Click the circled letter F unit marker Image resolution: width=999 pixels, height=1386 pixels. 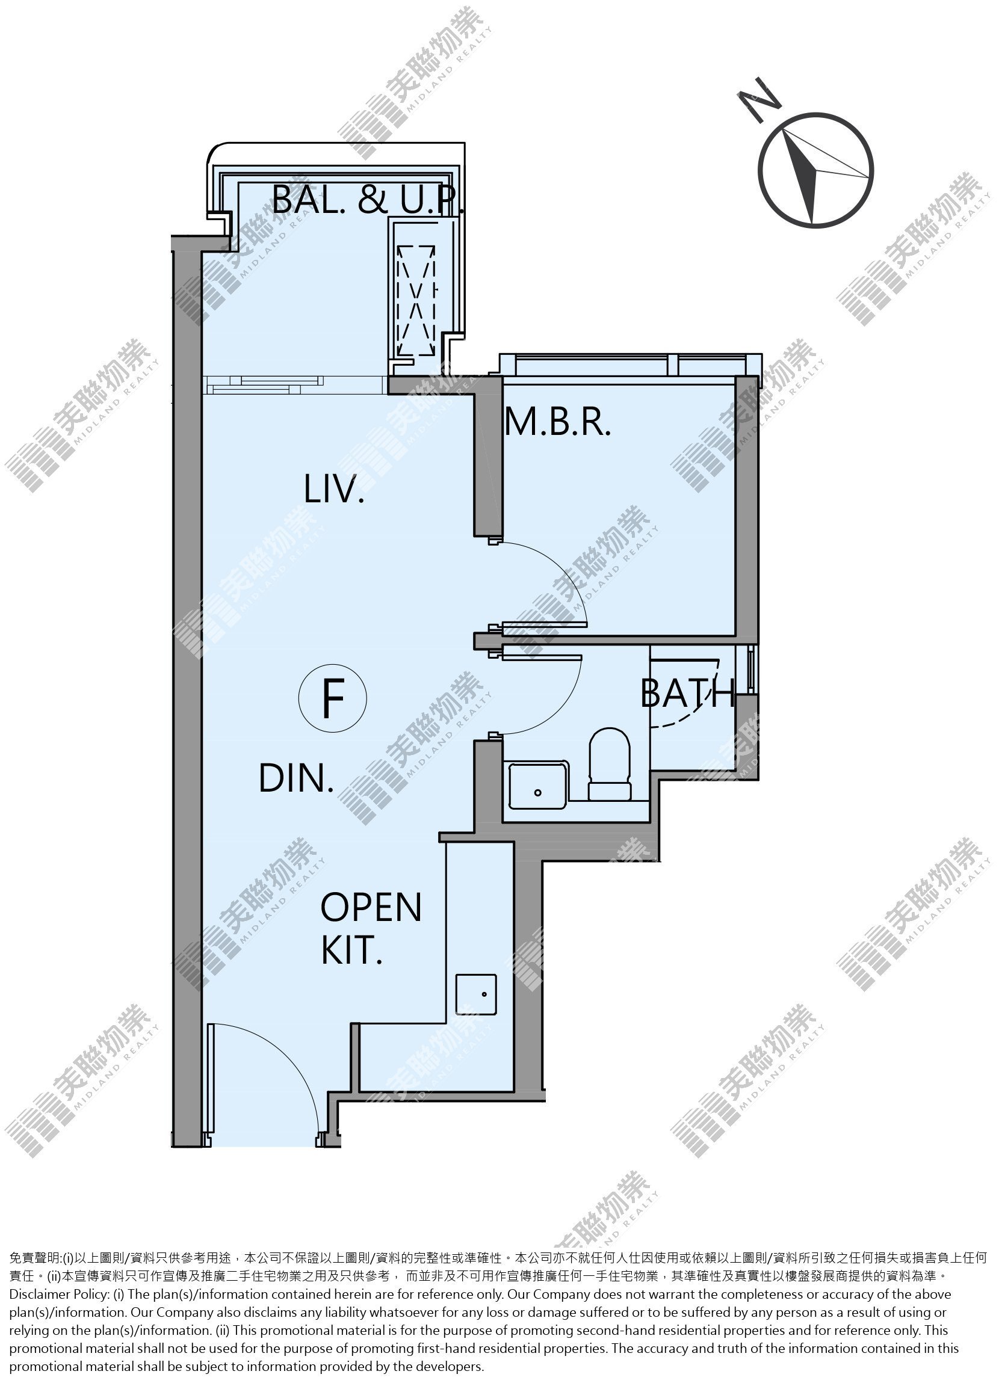tap(333, 698)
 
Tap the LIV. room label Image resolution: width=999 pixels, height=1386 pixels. tap(334, 490)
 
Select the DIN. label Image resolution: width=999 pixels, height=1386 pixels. tap(297, 778)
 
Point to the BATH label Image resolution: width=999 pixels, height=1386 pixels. tap(687, 693)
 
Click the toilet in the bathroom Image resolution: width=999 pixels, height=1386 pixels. tap(609, 764)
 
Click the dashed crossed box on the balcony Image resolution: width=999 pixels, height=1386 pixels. tap(416, 300)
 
